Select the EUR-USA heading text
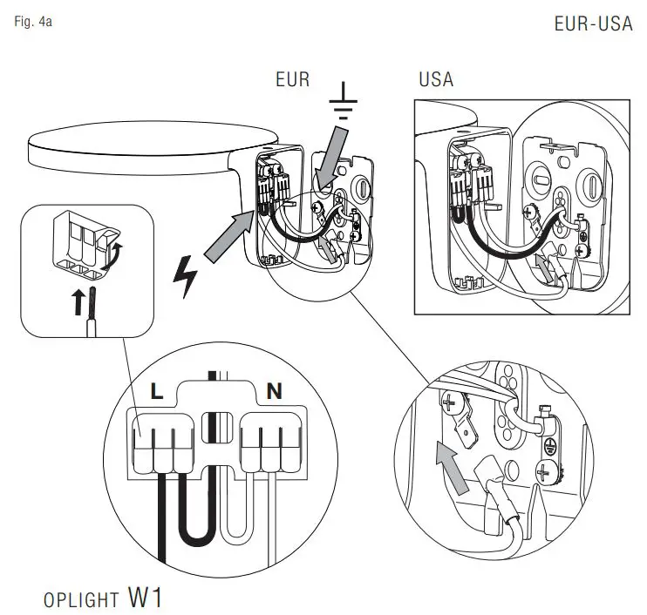coord(593,24)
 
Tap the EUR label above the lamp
coord(292,79)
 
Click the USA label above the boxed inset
coord(435,79)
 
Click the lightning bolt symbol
coord(187,277)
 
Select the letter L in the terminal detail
coord(156,392)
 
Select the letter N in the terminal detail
coord(274,392)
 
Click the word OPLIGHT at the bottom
coord(80,600)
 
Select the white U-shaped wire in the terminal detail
coord(235,514)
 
